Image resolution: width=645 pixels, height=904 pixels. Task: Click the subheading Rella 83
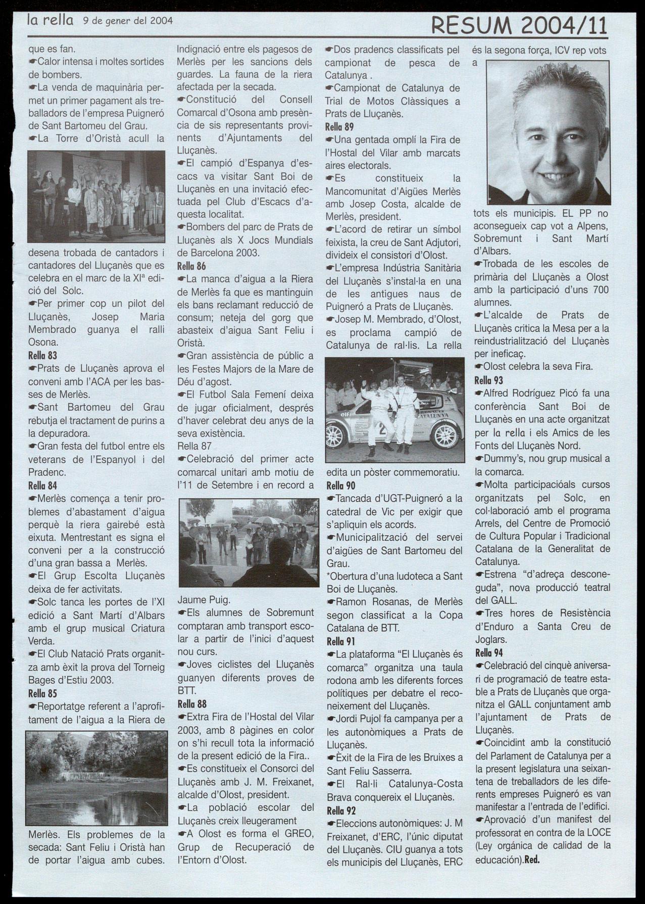43,356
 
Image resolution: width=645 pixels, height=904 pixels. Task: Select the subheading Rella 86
191,266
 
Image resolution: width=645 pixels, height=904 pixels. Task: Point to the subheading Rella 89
339,127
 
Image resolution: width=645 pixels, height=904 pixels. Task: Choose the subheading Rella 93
488,380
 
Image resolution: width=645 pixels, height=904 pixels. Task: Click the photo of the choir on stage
96,197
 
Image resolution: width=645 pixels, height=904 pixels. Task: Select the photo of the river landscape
95,778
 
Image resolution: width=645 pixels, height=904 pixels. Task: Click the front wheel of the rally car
333,433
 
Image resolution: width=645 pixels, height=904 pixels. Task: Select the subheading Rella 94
489,652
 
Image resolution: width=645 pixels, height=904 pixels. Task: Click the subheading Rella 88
192,703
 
